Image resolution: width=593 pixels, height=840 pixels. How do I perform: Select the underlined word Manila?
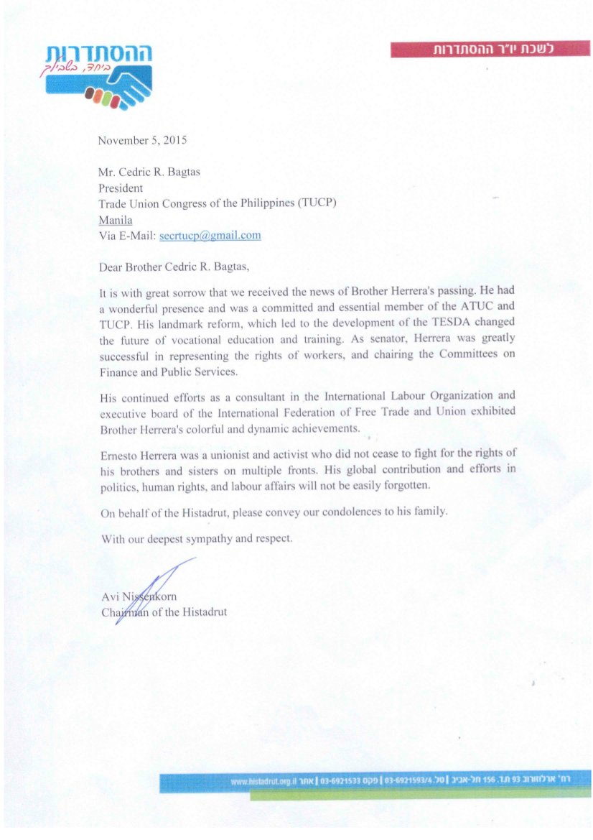pyautogui.click(x=115, y=220)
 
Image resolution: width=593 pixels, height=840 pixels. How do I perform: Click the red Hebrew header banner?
pyautogui.click(x=490, y=49)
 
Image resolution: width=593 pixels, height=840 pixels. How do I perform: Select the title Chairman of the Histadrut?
pyautogui.click(x=164, y=612)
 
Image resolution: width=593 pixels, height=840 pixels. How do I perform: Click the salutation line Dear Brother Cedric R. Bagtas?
pyautogui.click(x=174, y=267)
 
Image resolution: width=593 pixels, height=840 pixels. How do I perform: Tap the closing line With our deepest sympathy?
pyautogui.click(x=196, y=538)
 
